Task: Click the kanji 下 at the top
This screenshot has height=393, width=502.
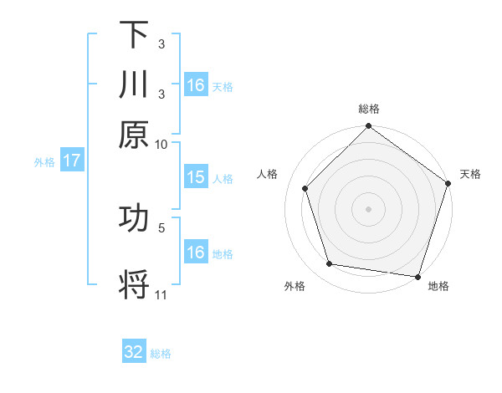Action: pyautogui.click(x=134, y=34)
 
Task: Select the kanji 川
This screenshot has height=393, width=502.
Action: pyautogui.click(x=134, y=84)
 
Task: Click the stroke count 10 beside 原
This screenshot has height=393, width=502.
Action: pyautogui.click(x=161, y=144)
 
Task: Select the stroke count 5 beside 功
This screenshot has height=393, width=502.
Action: pyautogui.click(x=161, y=227)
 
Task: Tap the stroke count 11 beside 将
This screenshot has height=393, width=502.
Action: pyautogui.click(x=161, y=294)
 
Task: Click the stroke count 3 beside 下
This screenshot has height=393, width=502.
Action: pyautogui.click(x=161, y=44)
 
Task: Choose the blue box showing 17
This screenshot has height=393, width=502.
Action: pyautogui.click(x=71, y=161)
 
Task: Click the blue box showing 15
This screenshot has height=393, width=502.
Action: pyautogui.click(x=196, y=177)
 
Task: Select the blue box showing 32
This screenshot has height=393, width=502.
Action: pyautogui.click(x=134, y=352)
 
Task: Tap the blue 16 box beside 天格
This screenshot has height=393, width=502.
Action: pyautogui.click(x=196, y=85)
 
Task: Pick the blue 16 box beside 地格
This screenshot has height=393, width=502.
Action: pyautogui.click(x=196, y=253)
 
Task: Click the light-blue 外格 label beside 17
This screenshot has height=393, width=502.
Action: pyautogui.click(x=44, y=162)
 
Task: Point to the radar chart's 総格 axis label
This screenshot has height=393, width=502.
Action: pyautogui.click(x=368, y=109)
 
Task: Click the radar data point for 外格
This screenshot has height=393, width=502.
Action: pyautogui.click(x=330, y=264)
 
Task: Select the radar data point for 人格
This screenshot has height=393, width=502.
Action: pyautogui.click(x=305, y=188)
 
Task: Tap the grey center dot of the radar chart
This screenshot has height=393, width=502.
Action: pyautogui.click(x=368, y=208)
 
